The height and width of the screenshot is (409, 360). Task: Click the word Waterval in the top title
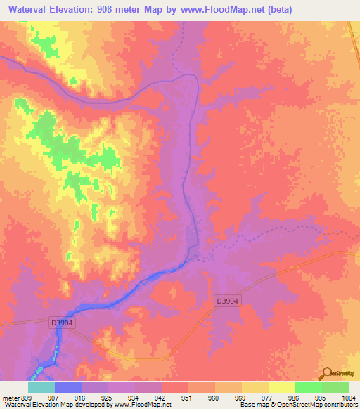click(30, 9)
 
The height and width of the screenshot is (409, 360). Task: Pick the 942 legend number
click(161, 397)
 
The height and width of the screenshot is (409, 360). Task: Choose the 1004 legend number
click(349, 397)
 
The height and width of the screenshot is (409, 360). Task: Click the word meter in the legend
click(10, 397)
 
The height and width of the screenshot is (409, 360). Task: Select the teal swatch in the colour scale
click(41, 387)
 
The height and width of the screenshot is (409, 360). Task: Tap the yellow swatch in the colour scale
click(281, 387)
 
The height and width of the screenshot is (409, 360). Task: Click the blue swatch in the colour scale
click(67, 387)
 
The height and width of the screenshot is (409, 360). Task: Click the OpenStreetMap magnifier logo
click(327, 373)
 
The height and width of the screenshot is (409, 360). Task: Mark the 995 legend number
click(321, 397)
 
